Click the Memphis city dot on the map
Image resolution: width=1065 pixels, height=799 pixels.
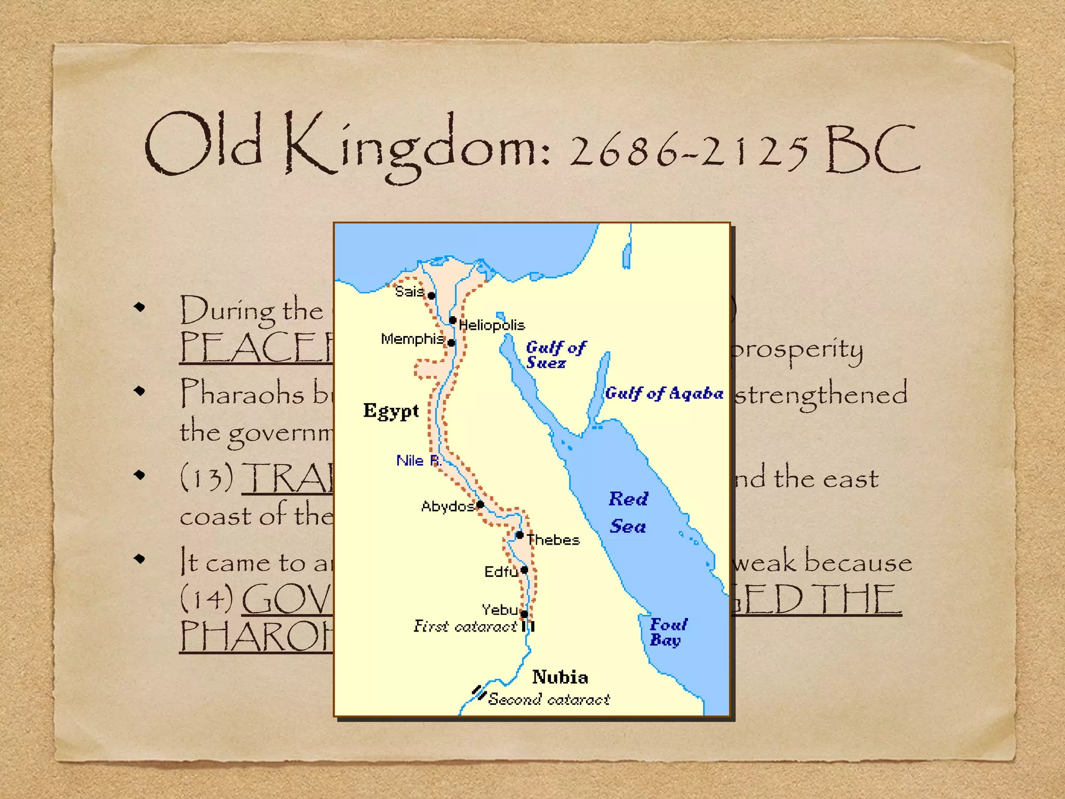[x=451, y=343]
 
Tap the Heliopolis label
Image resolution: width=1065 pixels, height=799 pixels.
[x=491, y=326]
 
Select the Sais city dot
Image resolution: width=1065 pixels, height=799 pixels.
[x=431, y=295]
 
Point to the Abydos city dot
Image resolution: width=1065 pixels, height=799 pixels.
[x=480, y=504]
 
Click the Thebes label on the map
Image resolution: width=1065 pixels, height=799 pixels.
[x=553, y=540]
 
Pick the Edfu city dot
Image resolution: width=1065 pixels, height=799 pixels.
[x=524, y=570]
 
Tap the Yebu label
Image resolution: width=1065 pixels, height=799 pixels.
[x=499, y=610]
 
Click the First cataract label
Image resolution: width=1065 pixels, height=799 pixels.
[x=465, y=626]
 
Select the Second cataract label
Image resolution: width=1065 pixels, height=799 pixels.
[x=549, y=700]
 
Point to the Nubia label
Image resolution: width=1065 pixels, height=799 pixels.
[x=560, y=677]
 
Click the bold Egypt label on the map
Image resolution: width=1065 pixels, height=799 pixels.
[x=391, y=411]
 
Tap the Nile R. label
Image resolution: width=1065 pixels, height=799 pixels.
[x=418, y=461]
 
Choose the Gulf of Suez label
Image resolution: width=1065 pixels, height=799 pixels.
[x=555, y=355]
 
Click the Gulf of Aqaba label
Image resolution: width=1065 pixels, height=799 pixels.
[x=664, y=394]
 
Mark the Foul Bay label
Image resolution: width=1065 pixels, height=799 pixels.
[x=668, y=632]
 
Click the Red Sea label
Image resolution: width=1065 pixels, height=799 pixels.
[x=628, y=513]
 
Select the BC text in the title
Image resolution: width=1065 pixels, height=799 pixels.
[x=873, y=150]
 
